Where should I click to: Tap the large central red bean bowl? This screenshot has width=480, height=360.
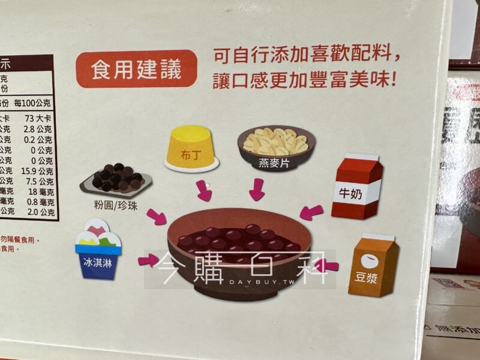[239, 251]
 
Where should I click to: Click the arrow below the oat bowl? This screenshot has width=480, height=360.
[257, 190]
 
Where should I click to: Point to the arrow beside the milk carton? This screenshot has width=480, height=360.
[311, 211]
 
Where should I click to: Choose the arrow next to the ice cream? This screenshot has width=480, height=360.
[148, 260]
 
